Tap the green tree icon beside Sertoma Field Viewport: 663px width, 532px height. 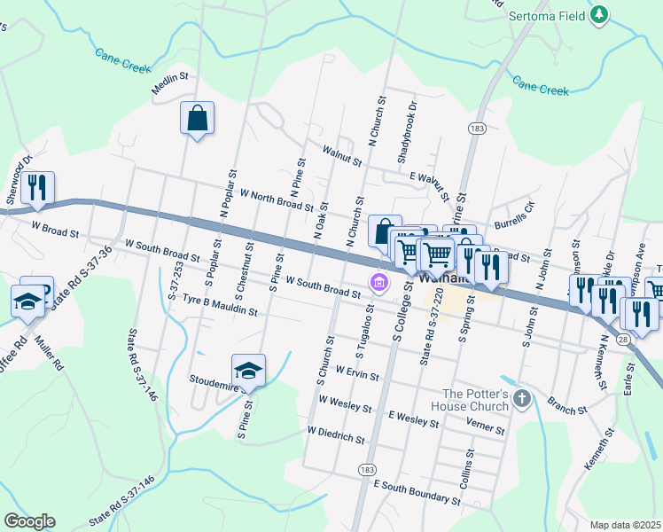pyautogui.click(x=600, y=14)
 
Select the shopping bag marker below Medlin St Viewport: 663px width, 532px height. pyautogui.click(x=197, y=118)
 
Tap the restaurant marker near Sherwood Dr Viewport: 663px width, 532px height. pyautogui.click(x=37, y=187)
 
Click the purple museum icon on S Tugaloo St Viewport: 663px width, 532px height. pyautogui.click(x=379, y=283)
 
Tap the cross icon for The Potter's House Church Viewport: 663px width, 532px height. pyautogui.click(x=522, y=398)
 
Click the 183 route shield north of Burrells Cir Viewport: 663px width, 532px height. pyautogui.click(x=477, y=129)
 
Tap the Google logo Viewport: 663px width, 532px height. pyautogui.click(x=30, y=520)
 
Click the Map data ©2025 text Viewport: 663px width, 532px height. pyautogui.click(x=625, y=525)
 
